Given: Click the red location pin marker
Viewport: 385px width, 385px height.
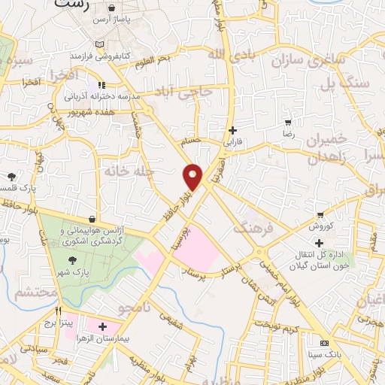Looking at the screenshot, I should [x=193, y=175].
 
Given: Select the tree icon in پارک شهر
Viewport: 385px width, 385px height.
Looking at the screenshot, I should [x=72, y=259].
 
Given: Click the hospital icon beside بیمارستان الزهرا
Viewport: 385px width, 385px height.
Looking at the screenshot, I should [x=102, y=327].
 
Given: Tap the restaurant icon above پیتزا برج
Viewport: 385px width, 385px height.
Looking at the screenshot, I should [x=58, y=310].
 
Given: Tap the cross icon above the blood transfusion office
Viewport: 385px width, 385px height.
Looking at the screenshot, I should [x=320, y=243].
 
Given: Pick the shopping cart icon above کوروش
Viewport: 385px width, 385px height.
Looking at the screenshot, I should [x=321, y=214].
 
